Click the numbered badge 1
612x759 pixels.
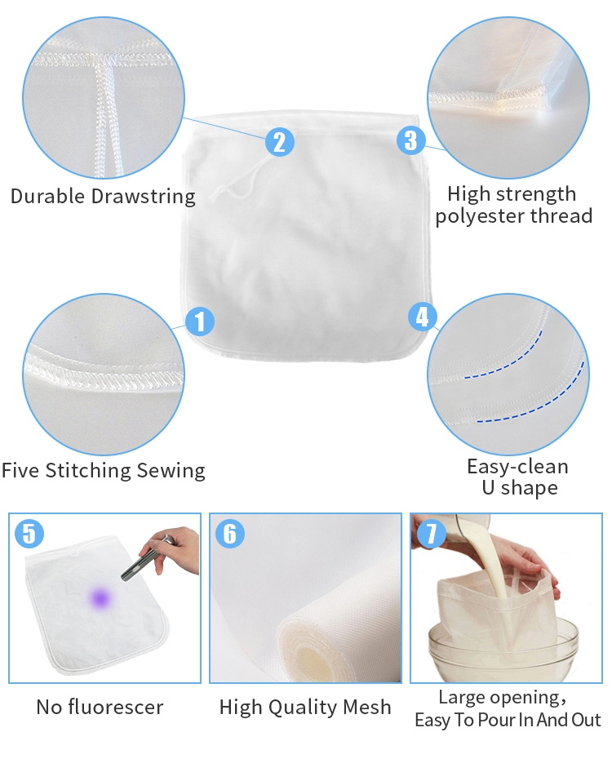[x=200, y=321]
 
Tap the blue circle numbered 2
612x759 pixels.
[x=280, y=142]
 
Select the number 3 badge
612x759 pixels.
[x=410, y=140]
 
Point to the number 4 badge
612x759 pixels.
[x=423, y=317]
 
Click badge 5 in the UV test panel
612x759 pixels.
[x=29, y=534]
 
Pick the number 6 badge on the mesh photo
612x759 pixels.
[x=230, y=534]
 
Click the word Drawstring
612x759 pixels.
[x=143, y=197]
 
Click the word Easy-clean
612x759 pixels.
[x=517, y=467]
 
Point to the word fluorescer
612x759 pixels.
[x=116, y=708]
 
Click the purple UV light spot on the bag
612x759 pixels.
[x=100, y=599]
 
